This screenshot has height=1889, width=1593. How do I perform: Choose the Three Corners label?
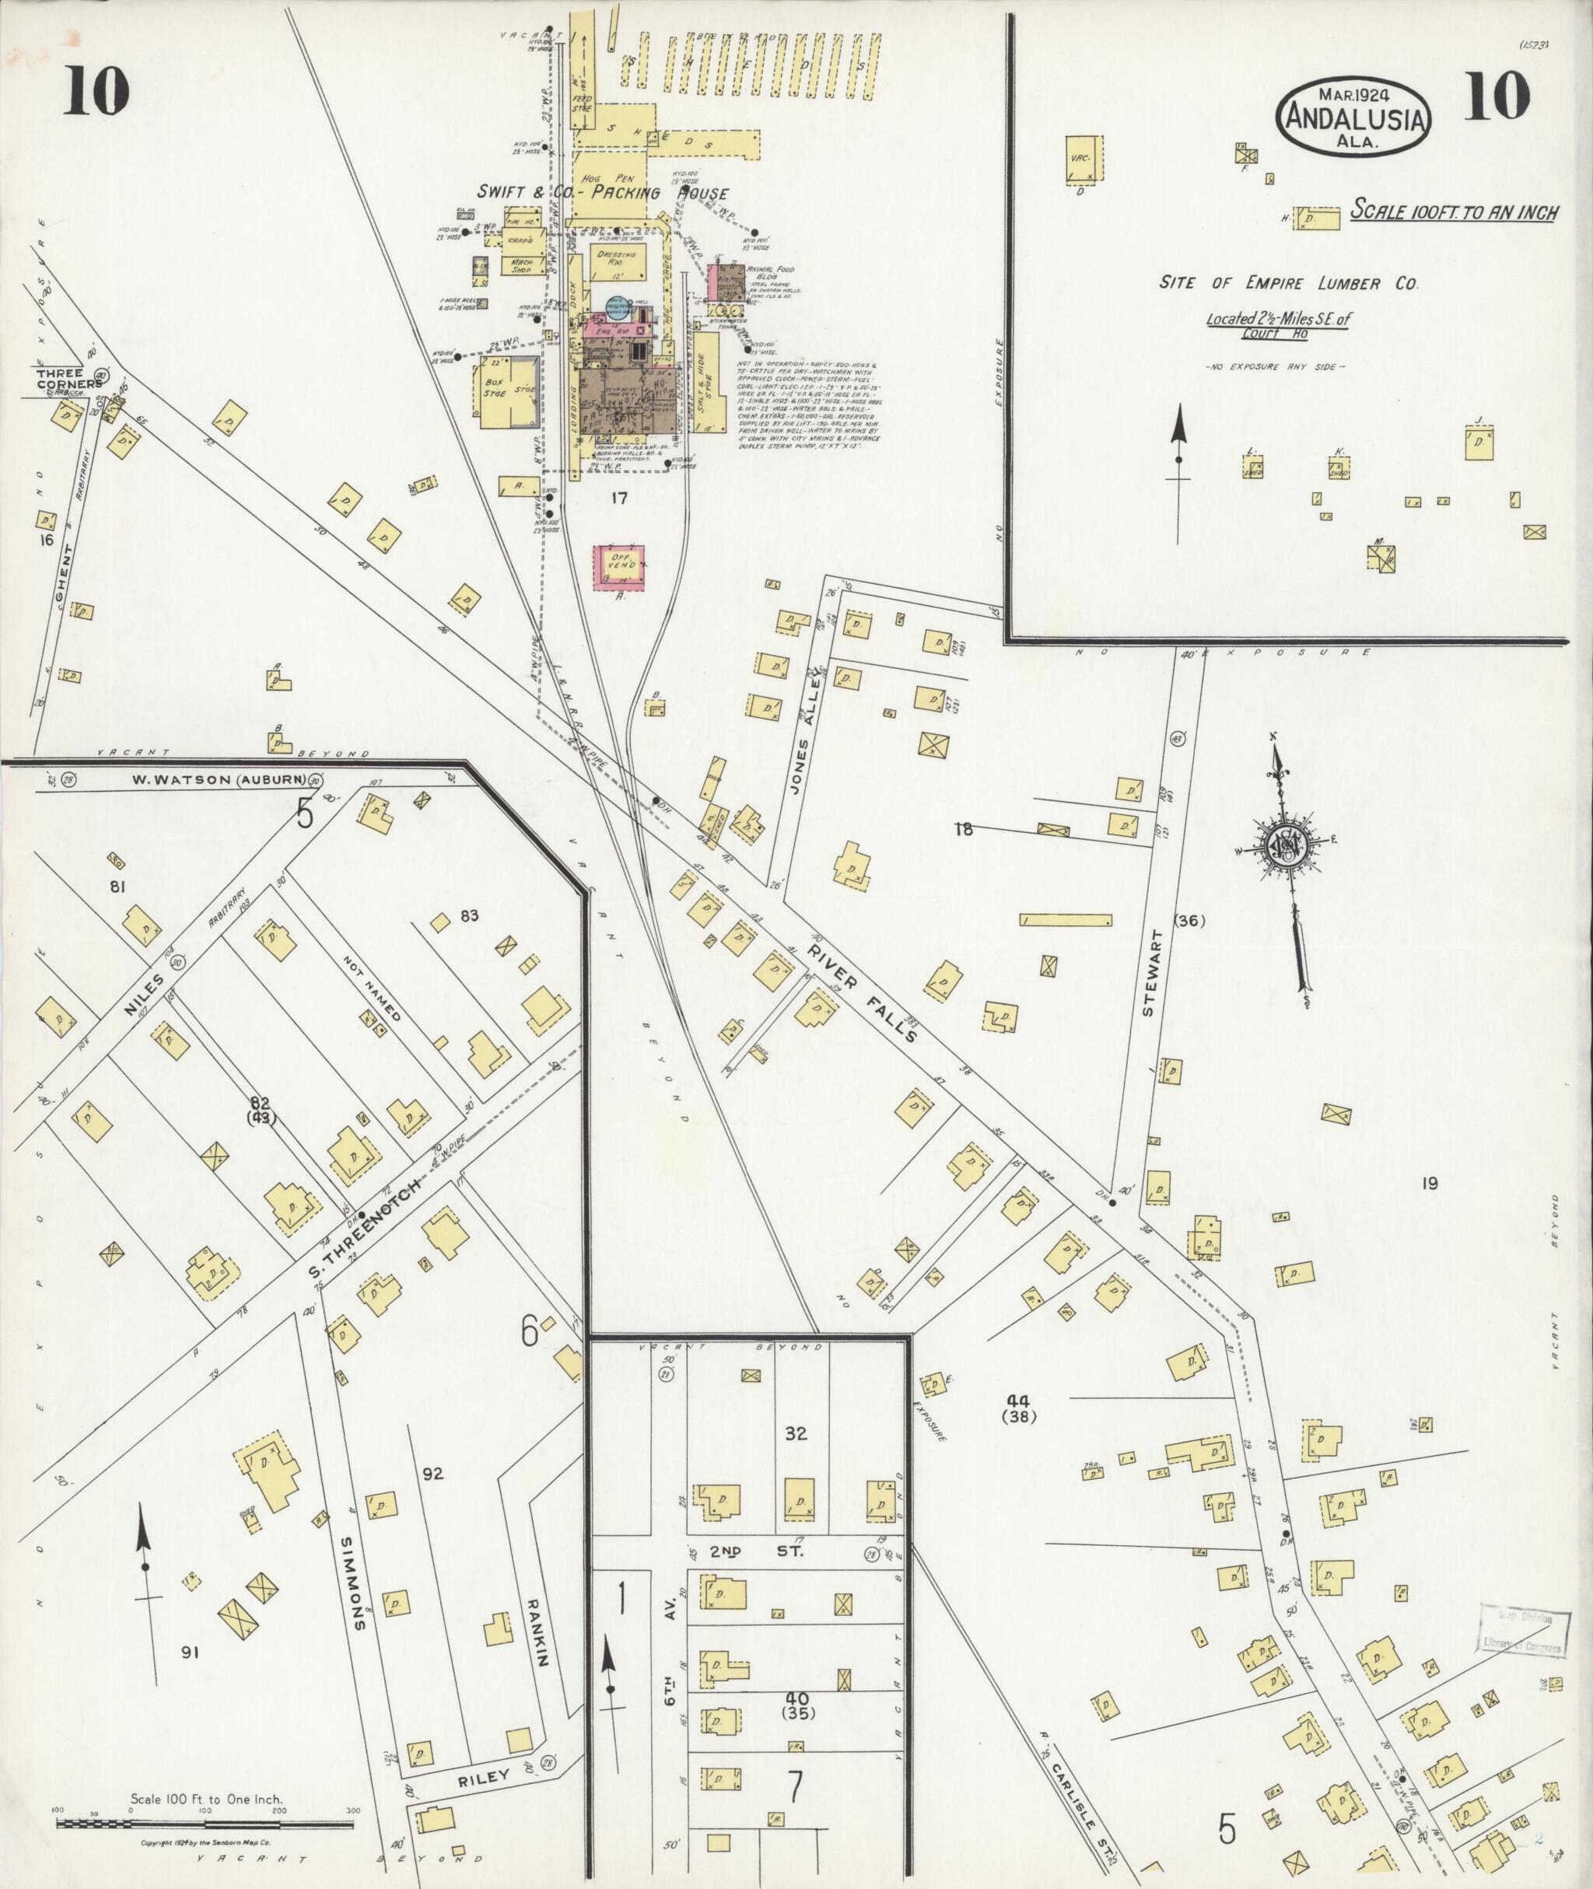coord(60,377)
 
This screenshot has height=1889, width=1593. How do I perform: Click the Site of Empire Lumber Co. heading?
coord(1288,284)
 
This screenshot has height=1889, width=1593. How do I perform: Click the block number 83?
coord(469,915)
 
